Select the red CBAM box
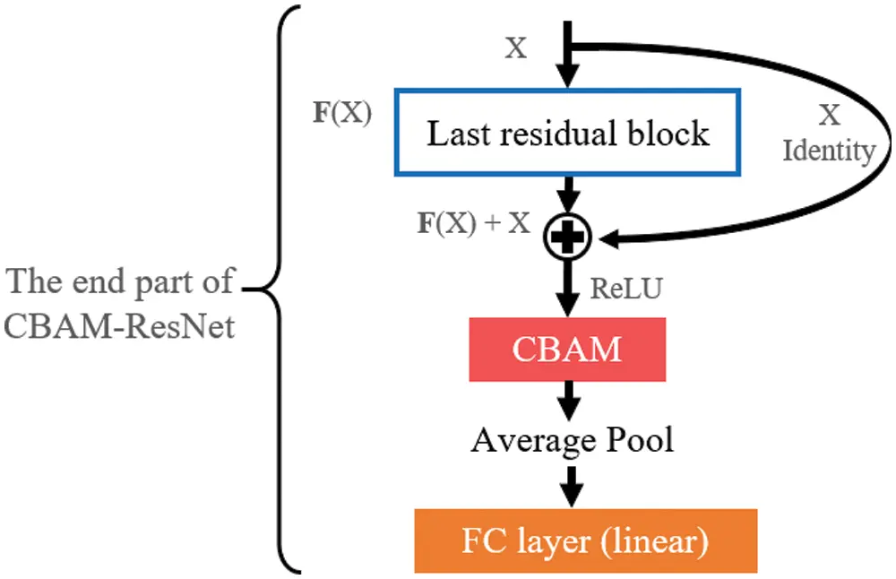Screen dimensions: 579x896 coord(567,348)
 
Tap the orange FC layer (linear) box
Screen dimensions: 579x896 coord(585,541)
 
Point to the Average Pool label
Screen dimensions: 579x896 coord(573,440)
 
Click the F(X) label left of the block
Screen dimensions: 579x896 coord(340,116)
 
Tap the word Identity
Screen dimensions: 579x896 coord(829,151)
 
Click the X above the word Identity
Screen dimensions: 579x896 coord(830,115)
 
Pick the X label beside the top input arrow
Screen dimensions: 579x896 coord(516,48)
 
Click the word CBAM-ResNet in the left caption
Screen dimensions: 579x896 coord(120,326)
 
